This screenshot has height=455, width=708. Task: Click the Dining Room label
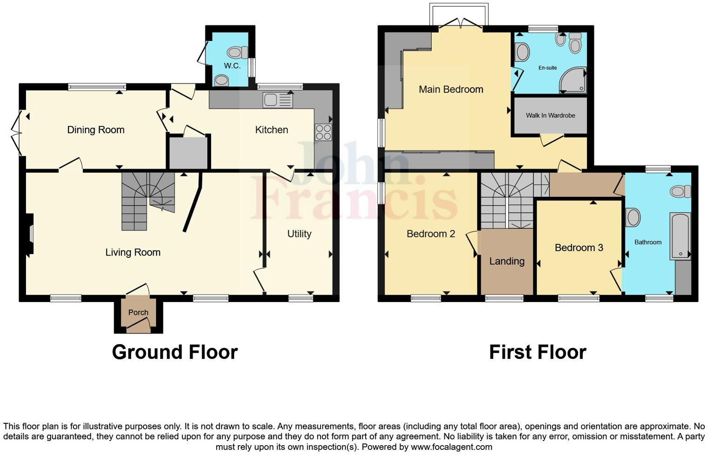click(95, 130)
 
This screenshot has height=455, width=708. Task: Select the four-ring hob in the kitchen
click(323, 132)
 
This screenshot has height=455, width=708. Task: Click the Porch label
click(138, 312)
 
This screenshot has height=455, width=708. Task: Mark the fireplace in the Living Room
click(30, 234)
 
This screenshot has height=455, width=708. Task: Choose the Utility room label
click(299, 234)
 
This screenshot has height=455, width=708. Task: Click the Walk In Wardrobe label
click(550, 116)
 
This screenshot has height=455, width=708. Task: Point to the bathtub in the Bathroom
click(680, 236)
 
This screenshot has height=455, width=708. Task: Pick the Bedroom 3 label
click(579, 248)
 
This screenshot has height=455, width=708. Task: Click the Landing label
click(507, 262)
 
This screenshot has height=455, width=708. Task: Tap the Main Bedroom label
click(450, 90)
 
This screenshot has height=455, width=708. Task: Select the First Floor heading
click(537, 352)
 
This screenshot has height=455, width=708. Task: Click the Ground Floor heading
click(175, 352)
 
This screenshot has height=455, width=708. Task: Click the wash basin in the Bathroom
click(633, 217)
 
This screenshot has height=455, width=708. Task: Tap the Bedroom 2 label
click(430, 234)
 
